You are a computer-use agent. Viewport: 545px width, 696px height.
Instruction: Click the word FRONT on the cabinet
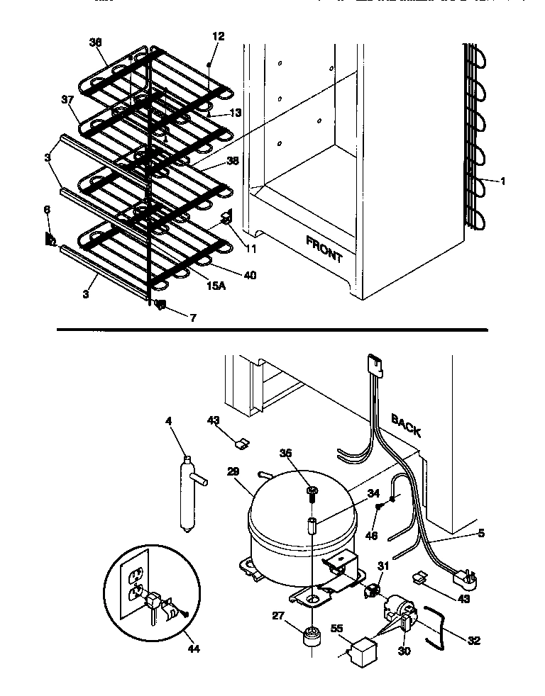(324, 249)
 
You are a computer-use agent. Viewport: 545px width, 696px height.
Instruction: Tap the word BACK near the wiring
(406, 425)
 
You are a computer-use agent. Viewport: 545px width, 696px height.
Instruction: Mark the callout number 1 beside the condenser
(502, 181)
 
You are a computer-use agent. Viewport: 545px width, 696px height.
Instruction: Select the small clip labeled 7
(160, 306)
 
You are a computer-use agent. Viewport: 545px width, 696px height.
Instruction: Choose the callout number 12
(217, 36)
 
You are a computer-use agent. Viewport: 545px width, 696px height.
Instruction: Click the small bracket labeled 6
(50, 240)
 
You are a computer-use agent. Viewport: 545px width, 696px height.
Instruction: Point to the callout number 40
(249, 275)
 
